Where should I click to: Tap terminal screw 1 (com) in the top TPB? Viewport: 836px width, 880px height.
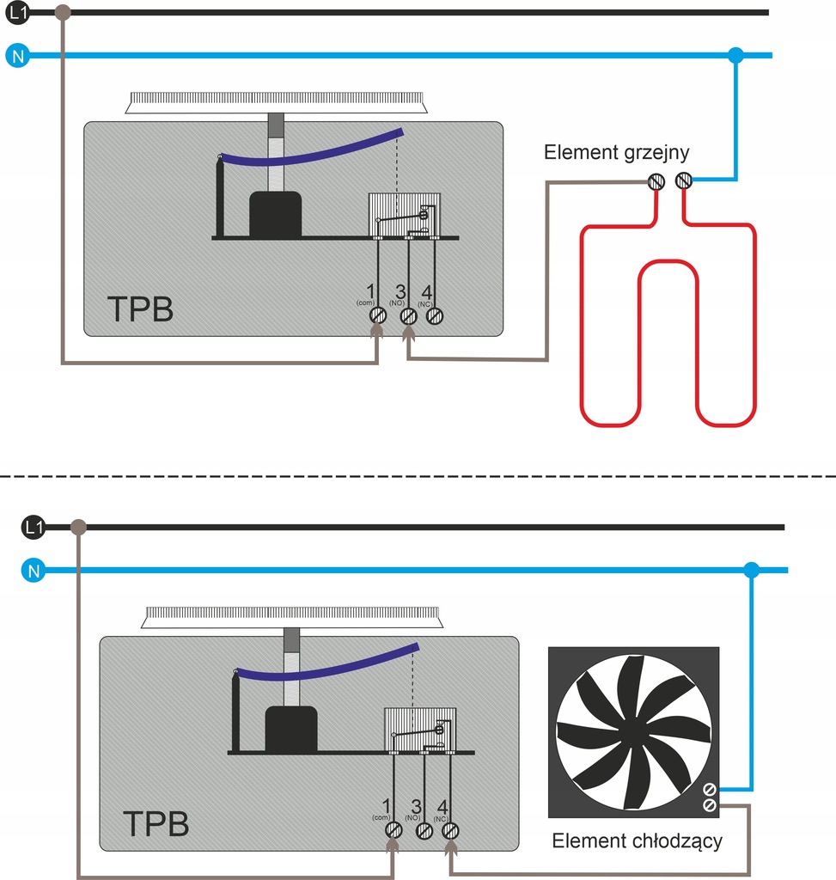(x=376, y=315)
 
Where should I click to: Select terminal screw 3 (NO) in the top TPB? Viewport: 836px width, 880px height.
(x=408, y=315)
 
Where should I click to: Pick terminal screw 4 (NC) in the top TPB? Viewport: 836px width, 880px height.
(x=435, y=315)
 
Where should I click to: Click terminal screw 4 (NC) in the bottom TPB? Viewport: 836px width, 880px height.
(x=449, y=830)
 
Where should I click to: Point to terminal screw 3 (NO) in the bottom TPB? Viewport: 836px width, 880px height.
(x=423, y=830)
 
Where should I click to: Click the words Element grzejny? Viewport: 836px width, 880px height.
(x=616, y=153)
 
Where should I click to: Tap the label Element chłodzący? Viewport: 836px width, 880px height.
(x=637, y=840)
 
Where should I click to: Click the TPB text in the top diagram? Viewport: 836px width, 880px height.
(x=140, y=309)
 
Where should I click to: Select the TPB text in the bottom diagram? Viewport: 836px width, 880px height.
(x=156, y=823)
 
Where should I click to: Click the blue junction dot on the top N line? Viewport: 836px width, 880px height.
(x=735, y=56)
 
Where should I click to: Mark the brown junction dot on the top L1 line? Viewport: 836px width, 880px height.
(x=63, y=13)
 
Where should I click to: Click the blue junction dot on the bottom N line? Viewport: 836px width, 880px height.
(x=752, y=570)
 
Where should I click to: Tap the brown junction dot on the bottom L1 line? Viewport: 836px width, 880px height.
(x=78, y=527)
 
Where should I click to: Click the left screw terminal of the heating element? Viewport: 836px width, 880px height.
(x=657, y=181)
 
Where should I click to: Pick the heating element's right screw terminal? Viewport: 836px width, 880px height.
(x=684, y=180)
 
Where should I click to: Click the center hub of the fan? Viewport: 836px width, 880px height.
(x=633, y=731)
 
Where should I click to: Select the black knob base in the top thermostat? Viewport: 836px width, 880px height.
(x=275, y=214)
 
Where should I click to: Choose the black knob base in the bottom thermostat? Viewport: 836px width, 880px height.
(x=290, y=729)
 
